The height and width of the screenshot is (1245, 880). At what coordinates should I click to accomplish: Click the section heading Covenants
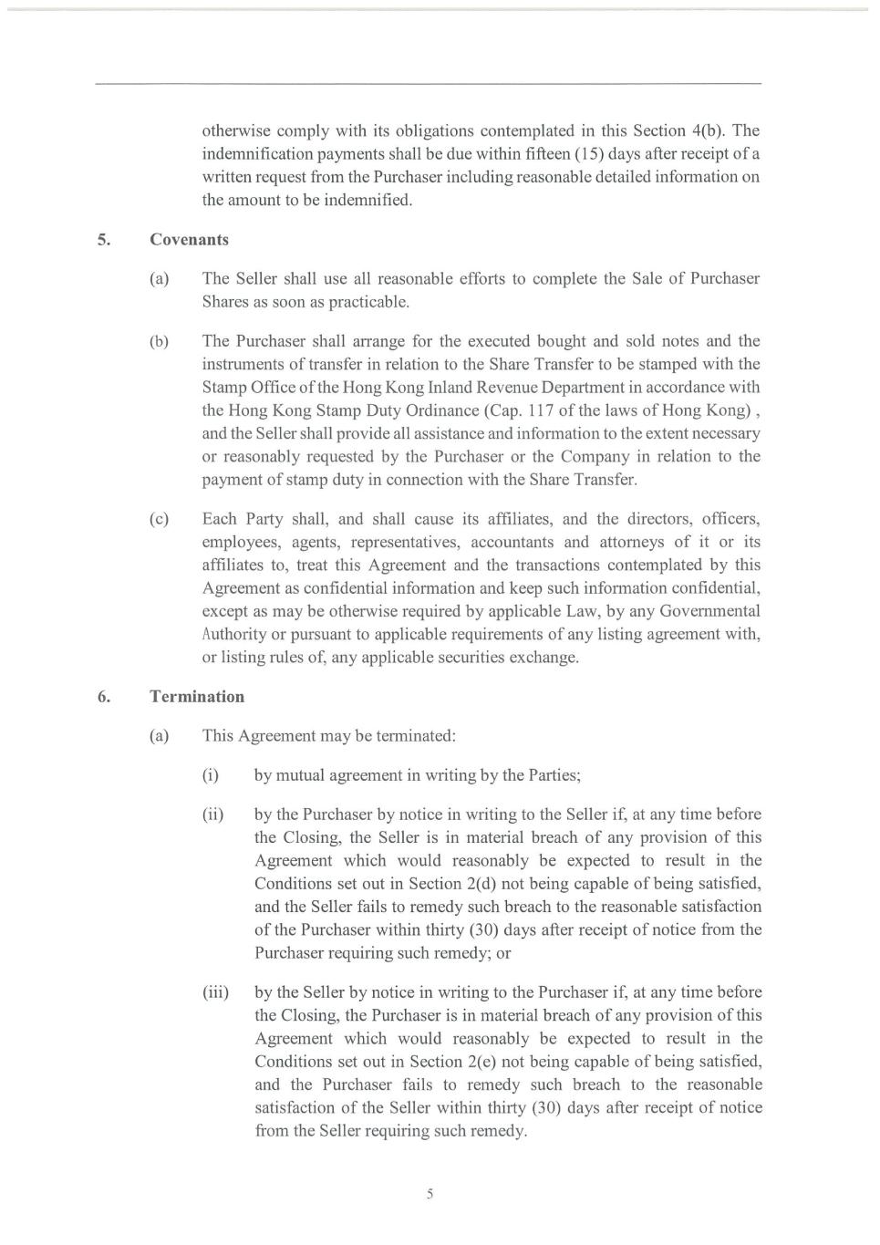189,240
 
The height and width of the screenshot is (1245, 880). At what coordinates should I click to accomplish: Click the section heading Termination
197,697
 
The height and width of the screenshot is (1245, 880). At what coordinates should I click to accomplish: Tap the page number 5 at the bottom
430,1195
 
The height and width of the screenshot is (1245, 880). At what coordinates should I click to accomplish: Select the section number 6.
104,697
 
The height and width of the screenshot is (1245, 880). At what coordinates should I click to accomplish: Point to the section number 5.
104,240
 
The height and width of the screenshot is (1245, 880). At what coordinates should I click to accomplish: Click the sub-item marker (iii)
215,992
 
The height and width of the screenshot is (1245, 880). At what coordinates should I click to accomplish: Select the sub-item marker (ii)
212,814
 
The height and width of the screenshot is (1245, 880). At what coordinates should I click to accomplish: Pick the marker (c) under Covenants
160,519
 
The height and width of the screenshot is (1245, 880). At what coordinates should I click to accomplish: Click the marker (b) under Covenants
160,341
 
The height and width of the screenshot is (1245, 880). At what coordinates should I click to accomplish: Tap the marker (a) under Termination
160,736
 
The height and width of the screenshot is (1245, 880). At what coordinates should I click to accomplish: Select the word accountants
512,542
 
